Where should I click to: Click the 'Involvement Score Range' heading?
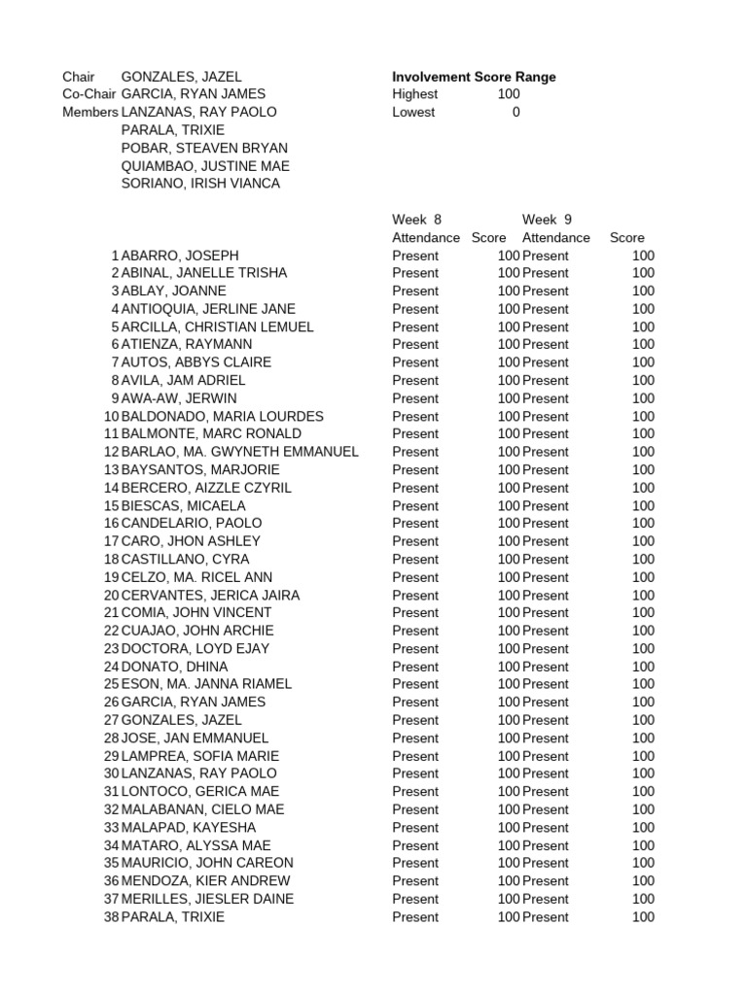[x=474, y=77]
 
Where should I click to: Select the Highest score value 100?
[x=508, y=94]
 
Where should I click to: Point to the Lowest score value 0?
[x=516, y=112]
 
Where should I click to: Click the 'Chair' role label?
[x=79, y=77]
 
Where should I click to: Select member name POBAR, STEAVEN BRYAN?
[x=204, y=148]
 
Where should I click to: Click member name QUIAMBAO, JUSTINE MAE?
[x=205, y=166]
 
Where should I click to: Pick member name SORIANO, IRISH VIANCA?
[x=200, y=184]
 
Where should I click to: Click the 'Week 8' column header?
[x=416, y=220]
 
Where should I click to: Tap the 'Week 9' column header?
[x=547, y=220]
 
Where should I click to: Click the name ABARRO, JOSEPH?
[x=180, y=256]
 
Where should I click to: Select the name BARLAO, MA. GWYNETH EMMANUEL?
[x=240, y=452]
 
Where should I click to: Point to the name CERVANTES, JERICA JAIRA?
[x=210, y=595]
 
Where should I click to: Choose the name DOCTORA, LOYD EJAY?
[x=196, y=648]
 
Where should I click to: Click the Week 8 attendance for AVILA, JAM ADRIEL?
[x=415, y=380]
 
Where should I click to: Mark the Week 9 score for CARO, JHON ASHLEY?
[x=643, y=541]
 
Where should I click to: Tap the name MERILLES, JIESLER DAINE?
[x=207, y=899]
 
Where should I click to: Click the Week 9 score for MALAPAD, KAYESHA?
[x=643, y=827]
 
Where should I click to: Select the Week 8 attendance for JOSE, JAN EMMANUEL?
[x=415, y=738]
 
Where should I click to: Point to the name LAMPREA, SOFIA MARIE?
[x=199, y=756]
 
